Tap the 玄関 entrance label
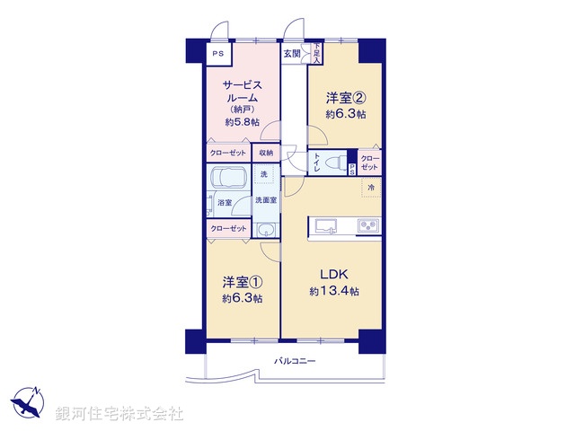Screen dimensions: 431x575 coord(292,54)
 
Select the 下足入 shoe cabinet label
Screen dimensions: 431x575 coord(316,54)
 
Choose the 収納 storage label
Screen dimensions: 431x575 coord(268,154)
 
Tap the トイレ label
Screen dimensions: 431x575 coord(316,163)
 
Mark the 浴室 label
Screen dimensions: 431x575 coord(225,204)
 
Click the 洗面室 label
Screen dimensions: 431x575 coord(265,199)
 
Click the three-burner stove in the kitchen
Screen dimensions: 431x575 coord(368,225)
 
